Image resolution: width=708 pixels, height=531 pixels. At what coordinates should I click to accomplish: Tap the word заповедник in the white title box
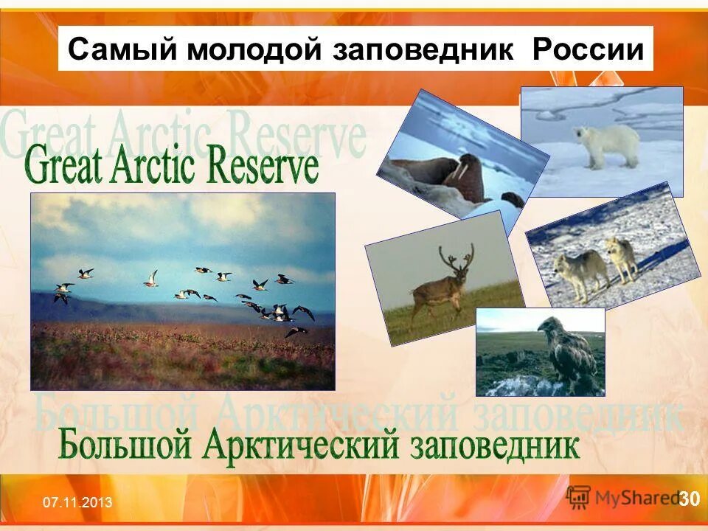[425, 49]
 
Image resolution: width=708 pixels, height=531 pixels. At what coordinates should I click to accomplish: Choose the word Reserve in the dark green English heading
[263, 166]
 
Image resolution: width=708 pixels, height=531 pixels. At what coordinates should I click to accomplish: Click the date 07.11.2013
[77, 503]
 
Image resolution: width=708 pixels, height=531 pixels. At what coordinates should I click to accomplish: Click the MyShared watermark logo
[623, 496]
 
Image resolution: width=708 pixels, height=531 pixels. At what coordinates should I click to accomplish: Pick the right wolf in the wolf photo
[621, 257]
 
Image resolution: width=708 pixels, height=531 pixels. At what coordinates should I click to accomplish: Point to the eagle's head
[549, 325]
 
